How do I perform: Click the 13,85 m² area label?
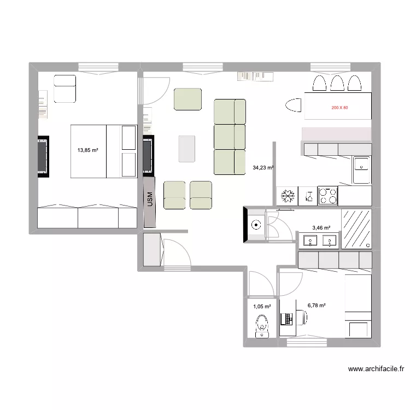(87, 149)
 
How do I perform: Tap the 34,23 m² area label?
(263, 168)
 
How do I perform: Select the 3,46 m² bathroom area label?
(321, 227)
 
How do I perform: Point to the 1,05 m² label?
(262, 307)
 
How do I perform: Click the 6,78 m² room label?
(317, 306)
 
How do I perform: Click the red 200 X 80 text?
(339, 108)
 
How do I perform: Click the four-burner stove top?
(328, 196)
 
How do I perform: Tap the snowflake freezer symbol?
(287, 196)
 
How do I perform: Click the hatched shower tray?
(356, 228)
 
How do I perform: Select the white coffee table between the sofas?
(187, 149)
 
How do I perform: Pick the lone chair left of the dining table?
(294, 106)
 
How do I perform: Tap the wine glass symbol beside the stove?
(308, 196)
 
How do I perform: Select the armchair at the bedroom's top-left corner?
(65, 89)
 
